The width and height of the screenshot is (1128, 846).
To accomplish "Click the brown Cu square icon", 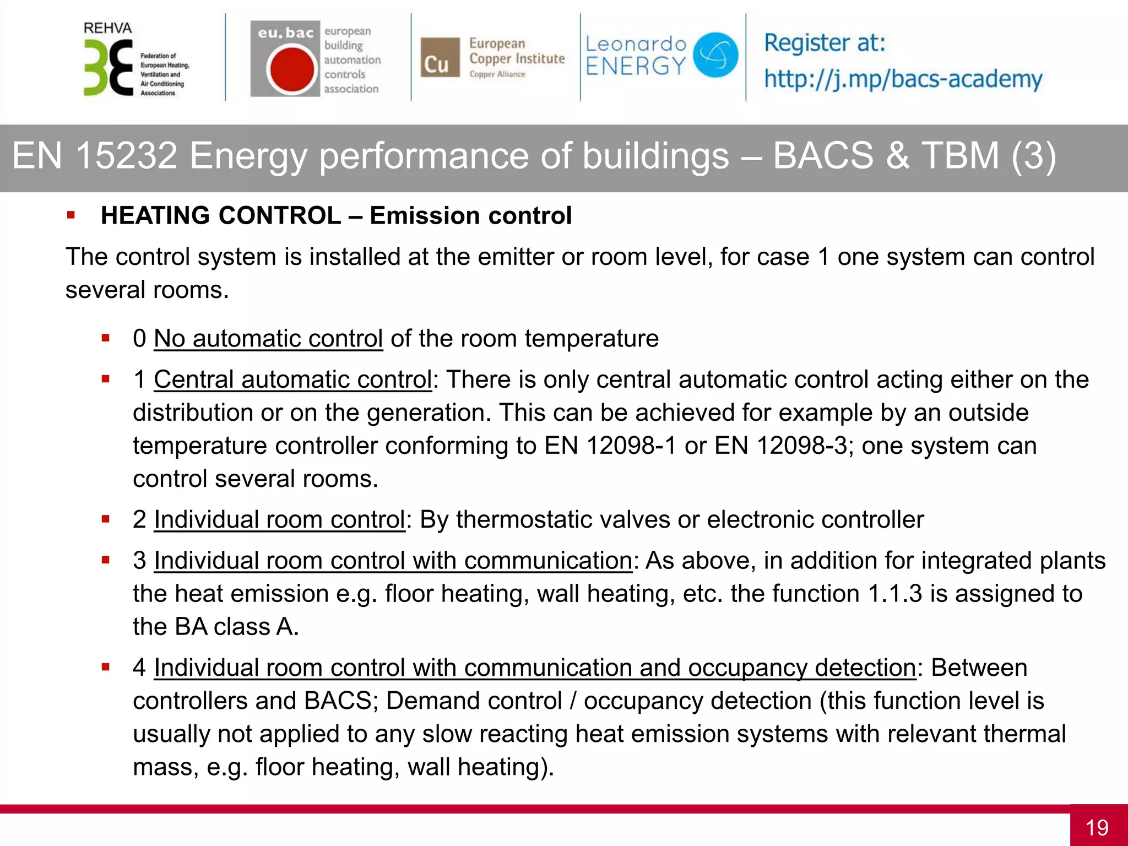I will tap(440, 57).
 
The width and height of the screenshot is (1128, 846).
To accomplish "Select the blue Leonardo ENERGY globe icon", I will tap(715, 55).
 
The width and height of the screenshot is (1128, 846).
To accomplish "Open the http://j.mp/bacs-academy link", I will tap(903, 79).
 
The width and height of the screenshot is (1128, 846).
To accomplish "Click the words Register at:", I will tap(824, 42).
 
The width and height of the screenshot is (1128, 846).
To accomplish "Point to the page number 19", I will tap(1097, 827).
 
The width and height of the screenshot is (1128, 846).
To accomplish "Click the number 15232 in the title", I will tap(126, 155).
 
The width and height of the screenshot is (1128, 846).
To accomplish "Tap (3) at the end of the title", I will tap(1033, 155).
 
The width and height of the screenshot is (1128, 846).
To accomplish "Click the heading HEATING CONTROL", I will tap(221, 215).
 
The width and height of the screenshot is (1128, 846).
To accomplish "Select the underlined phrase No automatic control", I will tap(268, 338).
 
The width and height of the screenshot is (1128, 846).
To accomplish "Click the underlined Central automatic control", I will tap(292, 379).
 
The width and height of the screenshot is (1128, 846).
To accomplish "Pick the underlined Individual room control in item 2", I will tap(279, 519).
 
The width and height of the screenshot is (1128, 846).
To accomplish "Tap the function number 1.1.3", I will tap(894, 594).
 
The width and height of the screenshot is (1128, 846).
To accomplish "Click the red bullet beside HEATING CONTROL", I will tap(70, 215).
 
